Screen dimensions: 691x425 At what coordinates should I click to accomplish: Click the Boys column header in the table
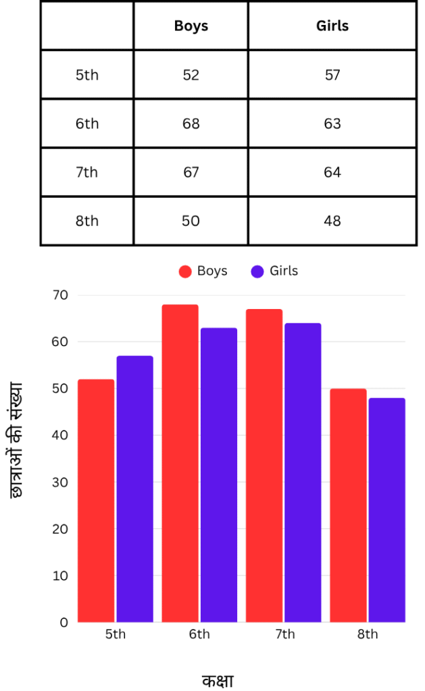point(191,26)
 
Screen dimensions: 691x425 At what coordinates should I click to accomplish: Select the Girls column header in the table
point(332,26)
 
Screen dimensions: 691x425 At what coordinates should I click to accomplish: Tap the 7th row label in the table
point(86,173)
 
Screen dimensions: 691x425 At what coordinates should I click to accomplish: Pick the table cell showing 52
point(191,75)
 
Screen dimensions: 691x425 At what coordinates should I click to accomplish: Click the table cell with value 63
point(332,124)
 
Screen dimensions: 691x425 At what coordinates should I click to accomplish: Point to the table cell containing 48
point(332,221)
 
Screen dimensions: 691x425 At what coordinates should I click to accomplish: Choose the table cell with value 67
point(191,173)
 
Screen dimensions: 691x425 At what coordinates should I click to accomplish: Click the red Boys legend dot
point(185,271)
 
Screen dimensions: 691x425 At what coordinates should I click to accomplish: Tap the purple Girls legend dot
point(257,271)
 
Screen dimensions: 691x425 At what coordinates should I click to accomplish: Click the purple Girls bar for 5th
point(135,489)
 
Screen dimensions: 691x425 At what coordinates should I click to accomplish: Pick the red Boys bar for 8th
point(349,505)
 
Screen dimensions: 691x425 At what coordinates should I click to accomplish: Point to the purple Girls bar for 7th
point(303,472)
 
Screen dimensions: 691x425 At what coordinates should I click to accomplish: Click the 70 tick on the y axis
point(60,295)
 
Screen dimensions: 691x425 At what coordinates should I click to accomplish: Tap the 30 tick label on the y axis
point(60,482)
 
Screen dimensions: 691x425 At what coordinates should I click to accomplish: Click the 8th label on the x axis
point(368,634)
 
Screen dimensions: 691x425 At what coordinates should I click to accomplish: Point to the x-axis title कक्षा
point(218,680)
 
